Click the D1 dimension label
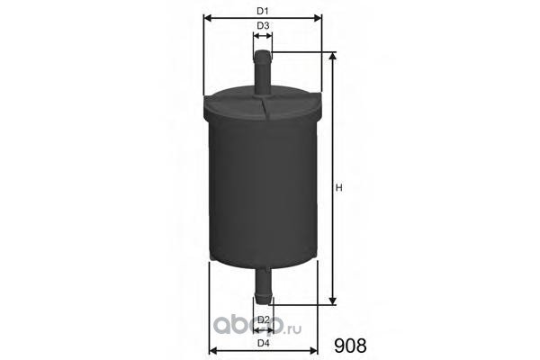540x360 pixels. [x=263, y=11]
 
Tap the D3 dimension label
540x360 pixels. [x=263, y=26]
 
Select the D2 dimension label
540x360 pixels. [x=264, y=319]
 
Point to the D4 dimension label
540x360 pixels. [x=264, y=343]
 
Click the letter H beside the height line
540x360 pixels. [x=339, y=188]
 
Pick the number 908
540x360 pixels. [x=350, y=346]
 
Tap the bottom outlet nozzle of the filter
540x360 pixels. [x=263, y=286]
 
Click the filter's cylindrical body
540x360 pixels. [x=264, y=193]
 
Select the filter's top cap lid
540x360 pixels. [x=263, y=103]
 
